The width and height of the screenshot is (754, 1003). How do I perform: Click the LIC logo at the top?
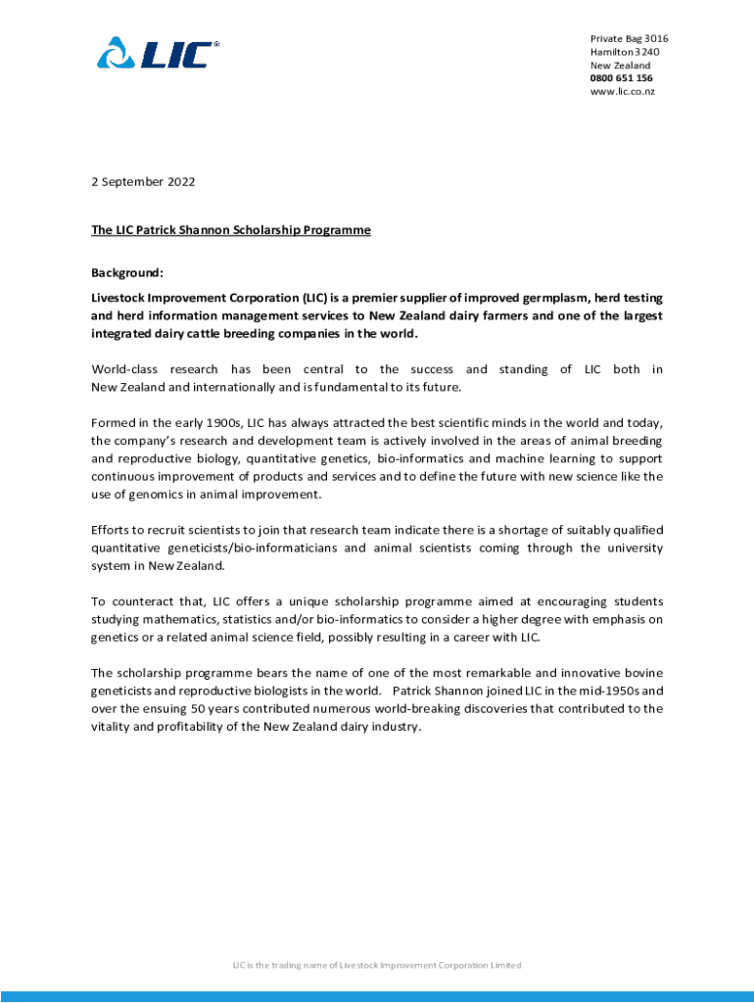pos(159,53)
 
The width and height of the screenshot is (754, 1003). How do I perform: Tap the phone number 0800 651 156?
pos(621,78)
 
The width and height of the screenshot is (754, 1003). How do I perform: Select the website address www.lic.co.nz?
pos(622,91)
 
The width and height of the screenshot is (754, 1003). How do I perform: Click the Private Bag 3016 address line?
pos(629,39)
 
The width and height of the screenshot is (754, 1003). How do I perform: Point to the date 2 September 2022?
pos(143,181)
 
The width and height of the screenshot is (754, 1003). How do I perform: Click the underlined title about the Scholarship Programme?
pos(231,230)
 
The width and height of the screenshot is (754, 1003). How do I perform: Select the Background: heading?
pos(127,272)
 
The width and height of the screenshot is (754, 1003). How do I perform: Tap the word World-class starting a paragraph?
pos(124,369)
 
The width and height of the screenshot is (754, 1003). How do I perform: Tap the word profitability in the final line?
pos(195,726)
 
